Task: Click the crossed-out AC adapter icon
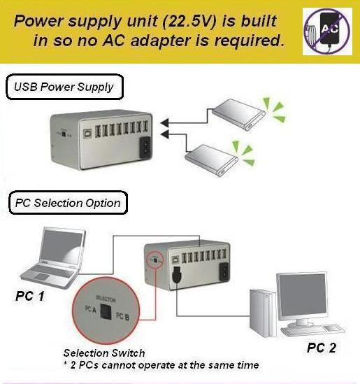pos(327,31)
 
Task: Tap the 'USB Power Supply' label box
pos(64,87)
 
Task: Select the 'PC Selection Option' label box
pos(68,203)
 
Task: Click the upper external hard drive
pos(238,115)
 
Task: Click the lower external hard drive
pos(211,160)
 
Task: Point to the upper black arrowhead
pos(164,122)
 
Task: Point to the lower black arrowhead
pos(164,134)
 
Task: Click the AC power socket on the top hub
pos(145,147)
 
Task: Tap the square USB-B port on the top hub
pos(87,134)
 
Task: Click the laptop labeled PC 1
pos(53,257)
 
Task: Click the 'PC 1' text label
pos(30,296)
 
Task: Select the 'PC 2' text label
pos(322,348)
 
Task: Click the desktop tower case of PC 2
pos(263,313)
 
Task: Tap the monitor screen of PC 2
pos(303,296)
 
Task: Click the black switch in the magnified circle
pos(106,311)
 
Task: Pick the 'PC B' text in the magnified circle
pos(122,316)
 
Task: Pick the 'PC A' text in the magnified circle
pos(91,309)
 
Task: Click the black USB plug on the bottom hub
pos(177,275)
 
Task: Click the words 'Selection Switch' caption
pos(104,353)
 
